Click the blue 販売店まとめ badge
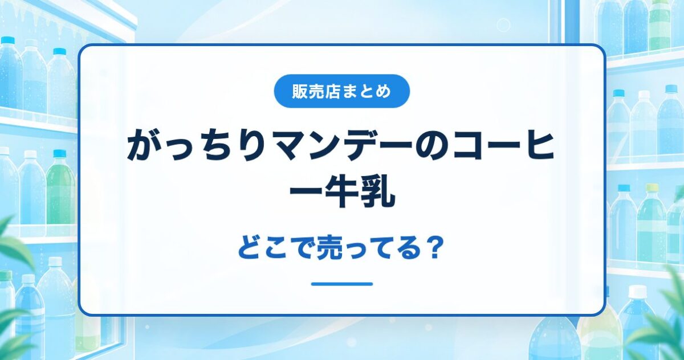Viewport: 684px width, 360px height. pos(341,91)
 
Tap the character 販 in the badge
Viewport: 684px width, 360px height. pos(300,91)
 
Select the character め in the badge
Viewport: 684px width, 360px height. pos(383,91)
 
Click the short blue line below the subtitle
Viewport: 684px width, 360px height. pos(342,284)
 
